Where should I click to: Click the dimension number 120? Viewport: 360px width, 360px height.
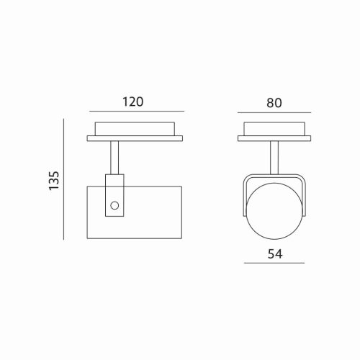133,102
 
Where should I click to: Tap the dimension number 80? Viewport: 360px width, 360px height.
274,102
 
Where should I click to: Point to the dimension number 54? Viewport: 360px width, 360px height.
274,253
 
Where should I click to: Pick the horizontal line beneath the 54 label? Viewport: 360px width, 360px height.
274,264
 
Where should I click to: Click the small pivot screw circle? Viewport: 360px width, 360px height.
114,207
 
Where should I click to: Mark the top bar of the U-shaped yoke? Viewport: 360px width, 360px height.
274,176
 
